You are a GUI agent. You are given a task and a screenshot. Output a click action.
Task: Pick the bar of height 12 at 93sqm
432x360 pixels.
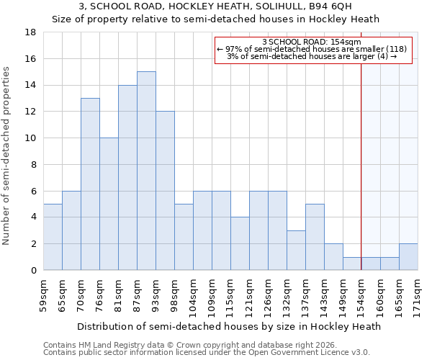[x=165, y=191]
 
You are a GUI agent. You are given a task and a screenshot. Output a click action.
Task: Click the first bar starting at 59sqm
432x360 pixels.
[x=53, y=237]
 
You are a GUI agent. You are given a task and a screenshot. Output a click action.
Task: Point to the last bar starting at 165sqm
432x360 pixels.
[x=408, y=257]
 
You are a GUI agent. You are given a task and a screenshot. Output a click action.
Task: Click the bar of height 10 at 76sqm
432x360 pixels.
[x=109, y=204]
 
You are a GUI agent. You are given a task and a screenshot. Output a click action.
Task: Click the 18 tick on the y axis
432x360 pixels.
[x=31, y=32]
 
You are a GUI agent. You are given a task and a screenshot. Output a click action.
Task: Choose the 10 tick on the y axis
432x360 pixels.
[x=31, y=138]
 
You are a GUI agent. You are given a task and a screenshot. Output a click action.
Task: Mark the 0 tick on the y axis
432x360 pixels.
[x=34, y=271]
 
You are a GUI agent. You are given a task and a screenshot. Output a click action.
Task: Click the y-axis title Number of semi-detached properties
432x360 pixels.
[x=7, y=156]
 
